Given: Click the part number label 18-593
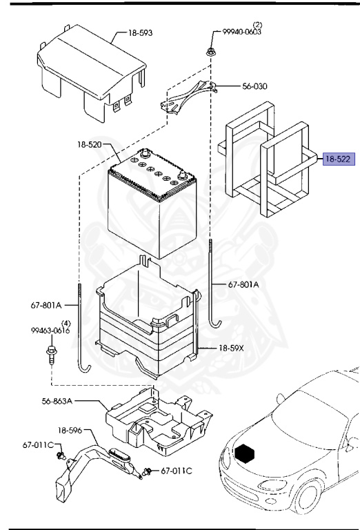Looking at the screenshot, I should click(x=141, y=32).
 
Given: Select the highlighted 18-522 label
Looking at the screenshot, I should click(x=338, y=159).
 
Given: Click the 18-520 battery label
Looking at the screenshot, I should click(x=90, y=146).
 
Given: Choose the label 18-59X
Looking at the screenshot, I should click(x=232, y=349).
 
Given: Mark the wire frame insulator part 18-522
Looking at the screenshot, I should click(x=265, y=166).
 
